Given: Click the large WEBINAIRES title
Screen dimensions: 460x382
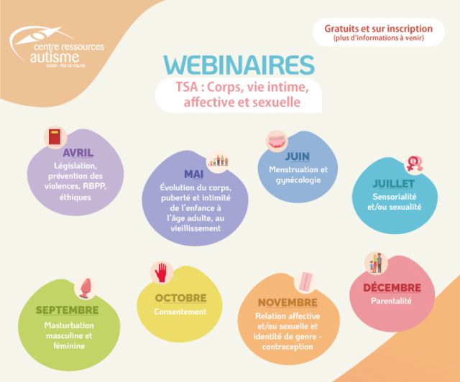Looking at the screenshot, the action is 239,65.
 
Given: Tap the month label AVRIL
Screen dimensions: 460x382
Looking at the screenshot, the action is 78,153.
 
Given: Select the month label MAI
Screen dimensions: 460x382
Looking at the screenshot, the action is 193,174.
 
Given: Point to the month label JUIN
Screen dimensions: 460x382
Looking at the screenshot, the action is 297,157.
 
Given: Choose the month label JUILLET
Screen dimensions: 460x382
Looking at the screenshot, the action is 393,184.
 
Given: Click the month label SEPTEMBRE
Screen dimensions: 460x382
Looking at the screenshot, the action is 67,310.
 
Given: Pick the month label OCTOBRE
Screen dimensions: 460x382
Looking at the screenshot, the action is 180,298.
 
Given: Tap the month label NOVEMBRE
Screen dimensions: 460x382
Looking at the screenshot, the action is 287,302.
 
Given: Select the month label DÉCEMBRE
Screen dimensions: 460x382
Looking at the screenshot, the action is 392,288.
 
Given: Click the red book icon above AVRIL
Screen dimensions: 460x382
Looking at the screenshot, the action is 55,136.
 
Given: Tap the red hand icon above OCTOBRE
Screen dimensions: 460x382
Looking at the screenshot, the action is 161,273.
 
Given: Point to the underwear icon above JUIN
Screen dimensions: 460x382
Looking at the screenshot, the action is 277,141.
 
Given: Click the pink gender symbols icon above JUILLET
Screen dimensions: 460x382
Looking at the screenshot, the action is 415,164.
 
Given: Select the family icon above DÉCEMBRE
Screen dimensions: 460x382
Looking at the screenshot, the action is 376,263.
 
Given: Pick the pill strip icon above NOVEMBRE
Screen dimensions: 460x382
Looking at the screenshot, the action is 305,281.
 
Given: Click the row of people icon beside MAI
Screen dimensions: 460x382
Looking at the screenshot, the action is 218,161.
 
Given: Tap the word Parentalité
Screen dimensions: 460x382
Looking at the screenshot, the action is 391,301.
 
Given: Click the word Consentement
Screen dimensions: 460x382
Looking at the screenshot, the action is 180,312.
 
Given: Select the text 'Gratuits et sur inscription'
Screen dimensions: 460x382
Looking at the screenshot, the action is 379,29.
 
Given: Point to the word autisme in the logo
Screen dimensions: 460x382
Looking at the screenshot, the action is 55,57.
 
